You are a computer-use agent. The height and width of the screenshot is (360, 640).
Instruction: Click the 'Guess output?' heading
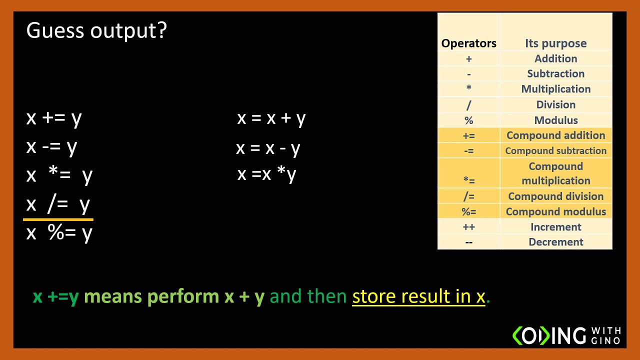(x=96, y=31)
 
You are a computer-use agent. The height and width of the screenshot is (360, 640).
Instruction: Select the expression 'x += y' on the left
(x=54, y=118)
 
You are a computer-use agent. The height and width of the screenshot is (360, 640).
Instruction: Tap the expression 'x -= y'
(x=51, y=147)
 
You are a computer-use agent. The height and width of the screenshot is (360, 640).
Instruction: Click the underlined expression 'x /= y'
(x=58, y=204)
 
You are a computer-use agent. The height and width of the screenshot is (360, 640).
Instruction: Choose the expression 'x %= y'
(x=59, y=233)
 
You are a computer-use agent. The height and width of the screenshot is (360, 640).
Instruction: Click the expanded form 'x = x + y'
(x=271, y=118)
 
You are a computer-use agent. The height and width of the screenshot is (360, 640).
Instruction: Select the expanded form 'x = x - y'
(x=268, y=148)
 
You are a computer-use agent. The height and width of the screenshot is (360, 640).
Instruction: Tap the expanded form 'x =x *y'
(x=266, y=174)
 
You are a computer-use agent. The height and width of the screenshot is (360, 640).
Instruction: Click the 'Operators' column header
(x=468, y=43)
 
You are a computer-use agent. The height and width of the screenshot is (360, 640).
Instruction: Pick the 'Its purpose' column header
(x=555, y=43)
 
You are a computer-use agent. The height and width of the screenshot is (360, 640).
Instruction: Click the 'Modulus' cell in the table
(x=555, y=120)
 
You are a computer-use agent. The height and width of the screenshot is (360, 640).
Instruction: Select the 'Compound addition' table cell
(x=555, y=135)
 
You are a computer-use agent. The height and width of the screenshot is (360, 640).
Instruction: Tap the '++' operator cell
(x=468, y=227)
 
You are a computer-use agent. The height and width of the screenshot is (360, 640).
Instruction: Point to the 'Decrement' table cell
(x=555, y=242)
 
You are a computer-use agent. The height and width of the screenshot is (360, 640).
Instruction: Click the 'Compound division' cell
(x=555, y=196)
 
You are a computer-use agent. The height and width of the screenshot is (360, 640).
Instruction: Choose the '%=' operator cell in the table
(x=468, y=212)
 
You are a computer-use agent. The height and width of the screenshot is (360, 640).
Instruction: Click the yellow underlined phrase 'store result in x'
(x=418, y=296)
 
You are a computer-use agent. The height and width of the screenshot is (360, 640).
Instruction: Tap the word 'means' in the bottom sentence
(x=113, y=296)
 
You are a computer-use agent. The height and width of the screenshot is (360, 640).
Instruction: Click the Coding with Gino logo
(x=566, y=335)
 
